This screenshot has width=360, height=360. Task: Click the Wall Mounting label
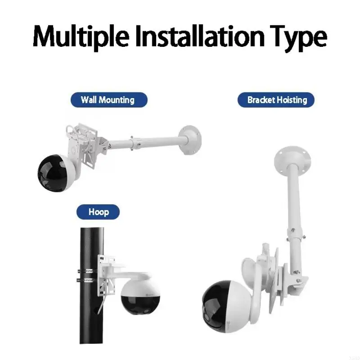click(x=108, y=99)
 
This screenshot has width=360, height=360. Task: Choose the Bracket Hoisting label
click(x=276, y=100)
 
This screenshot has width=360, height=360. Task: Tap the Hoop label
click(x=99, y=211)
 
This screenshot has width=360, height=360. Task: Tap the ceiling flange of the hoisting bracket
click(x=292, y=158)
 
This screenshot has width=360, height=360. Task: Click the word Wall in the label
click(x=89, y=99)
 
